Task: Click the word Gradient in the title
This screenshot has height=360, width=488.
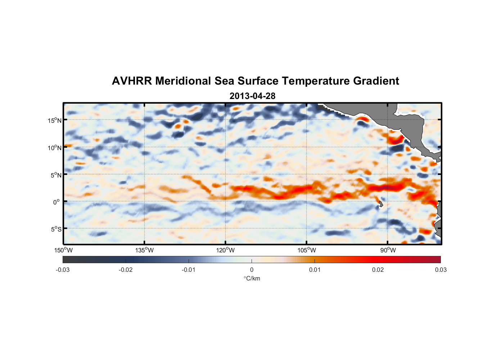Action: click(376, 81)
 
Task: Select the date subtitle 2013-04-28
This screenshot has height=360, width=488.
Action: click(252, 96)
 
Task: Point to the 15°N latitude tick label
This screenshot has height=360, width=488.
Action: click(55, 120)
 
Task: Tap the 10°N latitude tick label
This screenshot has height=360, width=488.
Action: click(55, 148)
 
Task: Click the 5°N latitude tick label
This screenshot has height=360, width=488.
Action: click(56, 175)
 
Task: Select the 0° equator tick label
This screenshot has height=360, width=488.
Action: click(57, 202)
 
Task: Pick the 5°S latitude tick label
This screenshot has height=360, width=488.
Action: click(56, 229)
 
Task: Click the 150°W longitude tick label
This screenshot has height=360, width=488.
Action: click(64, 250)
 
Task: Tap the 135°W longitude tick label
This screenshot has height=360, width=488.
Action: click(145, 250)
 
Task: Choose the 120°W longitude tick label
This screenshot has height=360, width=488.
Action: click(226, 250)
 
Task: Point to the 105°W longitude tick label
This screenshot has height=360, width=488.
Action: click(307, 250)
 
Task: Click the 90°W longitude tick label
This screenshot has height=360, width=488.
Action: click(388, 250)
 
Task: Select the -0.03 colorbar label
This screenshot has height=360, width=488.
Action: click(63, 270)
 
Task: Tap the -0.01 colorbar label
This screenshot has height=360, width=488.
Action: click(189, 270)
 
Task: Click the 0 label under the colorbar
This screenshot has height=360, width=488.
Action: click(252, 270)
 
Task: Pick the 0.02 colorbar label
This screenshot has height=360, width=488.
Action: click(378, 270)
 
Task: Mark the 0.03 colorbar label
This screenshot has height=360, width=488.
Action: click(440, 270)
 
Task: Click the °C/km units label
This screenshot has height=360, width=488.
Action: click(252, 278)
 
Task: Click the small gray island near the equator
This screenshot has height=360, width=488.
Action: click(381, 204)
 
